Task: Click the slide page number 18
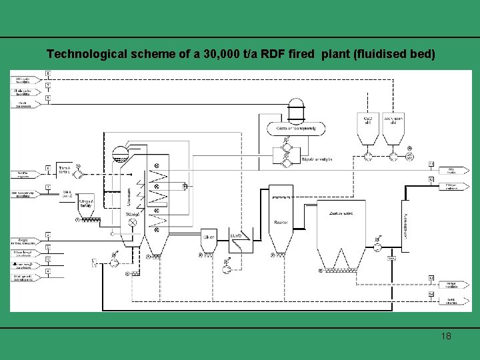(445, 336)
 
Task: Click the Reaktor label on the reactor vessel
(281, 222)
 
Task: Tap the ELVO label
(236, 235)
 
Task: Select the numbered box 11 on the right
(431, 164)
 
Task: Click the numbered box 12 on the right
(431, 179)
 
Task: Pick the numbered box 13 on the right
(431, 277)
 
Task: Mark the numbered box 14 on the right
(431, 293)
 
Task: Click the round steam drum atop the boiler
(121, 153)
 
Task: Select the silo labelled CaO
(367, 129)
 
